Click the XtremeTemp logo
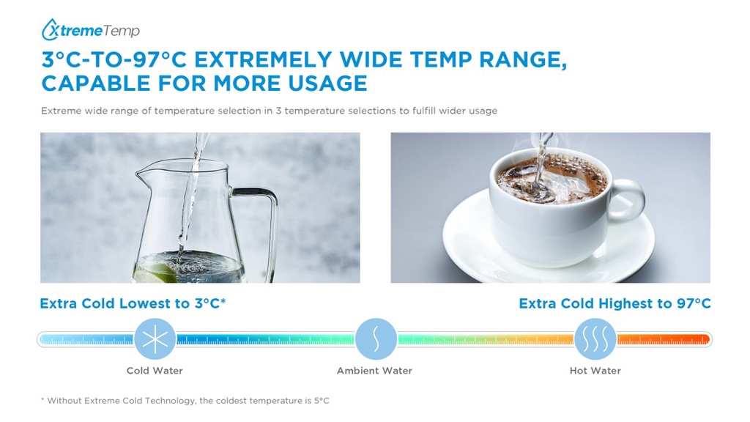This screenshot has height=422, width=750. pyautogui.click(x=90, y=29)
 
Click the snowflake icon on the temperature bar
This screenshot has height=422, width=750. pyautogui.click(x=155, y=339)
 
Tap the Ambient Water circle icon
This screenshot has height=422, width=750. pyautogui.click(x=376, y=339)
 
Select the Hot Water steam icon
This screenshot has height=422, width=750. pyautogui.click(x=595, y=339)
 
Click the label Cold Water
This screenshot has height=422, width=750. pyautogui.click(x=155, y=371)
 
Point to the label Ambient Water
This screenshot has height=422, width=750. pyautogui.click(x=374, y=371)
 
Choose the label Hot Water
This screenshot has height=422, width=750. pyautogui.click(x=595, y=371)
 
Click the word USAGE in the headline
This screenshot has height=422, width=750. pyautogui.click(x=327, y=84)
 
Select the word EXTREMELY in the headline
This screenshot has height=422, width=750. pyautogui.click(x=263, y=60)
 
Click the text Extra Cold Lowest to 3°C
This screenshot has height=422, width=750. pyautogui.click(x=133, y=304)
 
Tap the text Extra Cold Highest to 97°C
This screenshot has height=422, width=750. pyautogui.click(x=615, y=304)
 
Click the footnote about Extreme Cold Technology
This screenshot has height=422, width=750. pyautogui.click(x=185, y=401)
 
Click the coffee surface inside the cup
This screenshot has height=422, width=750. pyautogui.click(x=552, y=179)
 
